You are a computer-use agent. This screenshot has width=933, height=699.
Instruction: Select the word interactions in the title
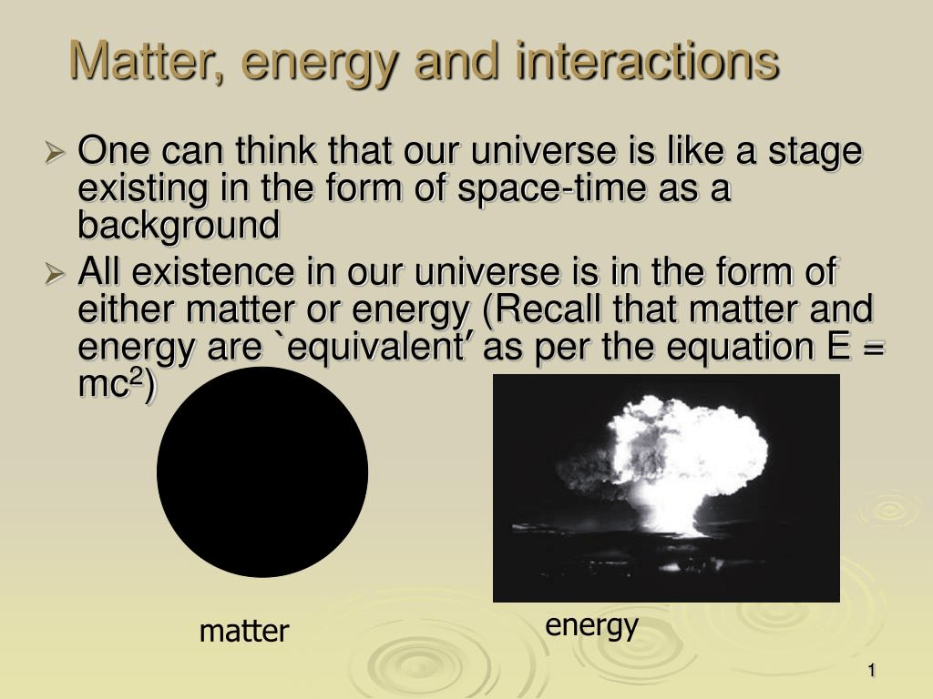(648, 60)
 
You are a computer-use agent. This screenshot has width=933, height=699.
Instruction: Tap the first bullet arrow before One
(55, 153)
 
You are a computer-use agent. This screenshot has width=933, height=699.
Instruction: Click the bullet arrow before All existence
(55, 274)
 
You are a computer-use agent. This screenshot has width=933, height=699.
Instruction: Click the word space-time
(551, 189)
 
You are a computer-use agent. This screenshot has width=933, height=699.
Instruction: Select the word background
(179, 226)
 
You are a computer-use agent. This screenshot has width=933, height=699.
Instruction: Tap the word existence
(213, 271)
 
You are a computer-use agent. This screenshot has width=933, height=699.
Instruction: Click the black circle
(262, 472)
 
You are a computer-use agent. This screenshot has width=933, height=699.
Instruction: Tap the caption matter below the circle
(244, 631)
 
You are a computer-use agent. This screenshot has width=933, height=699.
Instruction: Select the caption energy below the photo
(591, 626)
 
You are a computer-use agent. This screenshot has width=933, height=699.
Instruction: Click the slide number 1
(872, 671)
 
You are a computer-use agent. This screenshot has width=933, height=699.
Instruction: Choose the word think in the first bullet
(276, 150)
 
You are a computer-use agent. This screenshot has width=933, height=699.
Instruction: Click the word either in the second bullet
(127, 309)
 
